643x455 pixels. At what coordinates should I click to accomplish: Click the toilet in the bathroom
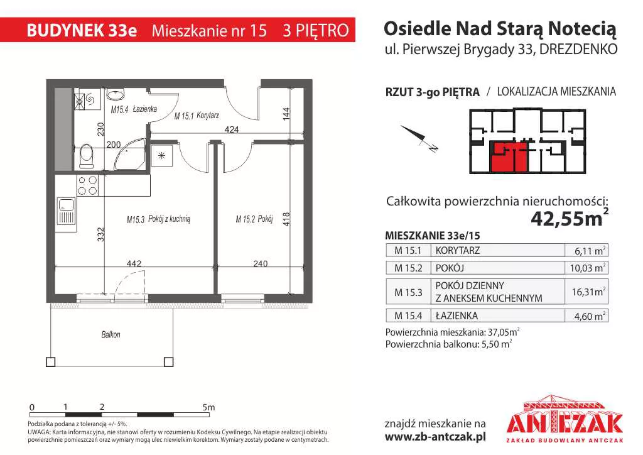click(x=86, y=155)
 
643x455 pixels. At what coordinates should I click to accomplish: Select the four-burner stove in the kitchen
click(x=87, y=185)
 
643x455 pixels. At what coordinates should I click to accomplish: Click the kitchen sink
click(x=66, y=211)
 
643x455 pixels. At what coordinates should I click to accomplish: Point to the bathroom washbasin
click(x=116, y=95)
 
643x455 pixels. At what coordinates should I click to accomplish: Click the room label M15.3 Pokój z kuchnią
click(x=158, y=219)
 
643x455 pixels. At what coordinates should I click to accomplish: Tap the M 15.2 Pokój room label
click(x=254, y=219)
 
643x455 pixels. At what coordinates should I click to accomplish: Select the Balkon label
click(x=111, y=334)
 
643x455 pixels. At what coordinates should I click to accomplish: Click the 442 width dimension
click(x=134, y=263)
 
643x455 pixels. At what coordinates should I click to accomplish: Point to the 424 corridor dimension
click(x=232, y=129)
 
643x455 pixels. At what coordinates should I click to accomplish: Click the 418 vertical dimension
click(x=286, y=219)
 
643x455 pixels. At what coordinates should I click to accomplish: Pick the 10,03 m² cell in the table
click(x=586, y=268)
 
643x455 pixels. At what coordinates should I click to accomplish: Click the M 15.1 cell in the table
click(x=408, y=250)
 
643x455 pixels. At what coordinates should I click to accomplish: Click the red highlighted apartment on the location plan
click(x=509, y=157)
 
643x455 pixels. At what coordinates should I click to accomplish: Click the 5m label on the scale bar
click(x=208, y=407)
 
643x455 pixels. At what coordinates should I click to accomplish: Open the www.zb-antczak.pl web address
click(x=435, y=437)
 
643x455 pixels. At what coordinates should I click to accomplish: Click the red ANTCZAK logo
click(x=565, y=419)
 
